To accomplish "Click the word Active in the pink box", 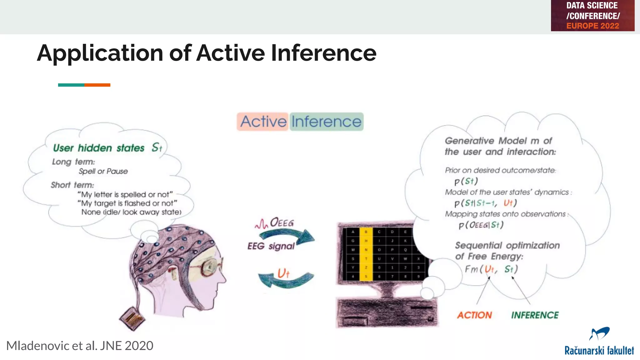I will (263, 122).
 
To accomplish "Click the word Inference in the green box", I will (326, 122).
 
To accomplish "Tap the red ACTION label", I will (474, 315).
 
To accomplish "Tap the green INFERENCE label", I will (535, 315).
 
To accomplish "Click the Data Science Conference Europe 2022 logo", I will (592, 16).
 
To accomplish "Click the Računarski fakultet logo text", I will (599, 351).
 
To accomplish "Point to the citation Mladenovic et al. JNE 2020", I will (80, 346).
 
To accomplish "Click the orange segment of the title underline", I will (97, 85).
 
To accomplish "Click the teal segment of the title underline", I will (71, 85).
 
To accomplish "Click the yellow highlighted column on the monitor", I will (366, 254).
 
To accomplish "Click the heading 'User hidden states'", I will (98, 148).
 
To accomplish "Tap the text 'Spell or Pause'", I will (103, 171).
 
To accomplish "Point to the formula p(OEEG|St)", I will (481, 225).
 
